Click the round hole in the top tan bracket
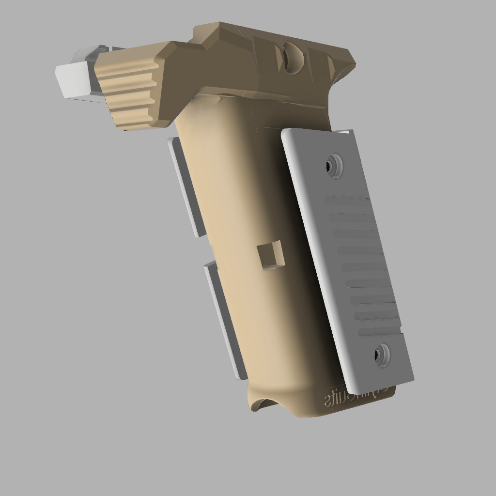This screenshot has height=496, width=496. (x=293, y=57)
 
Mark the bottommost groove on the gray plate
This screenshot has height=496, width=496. (x=381, y=332)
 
